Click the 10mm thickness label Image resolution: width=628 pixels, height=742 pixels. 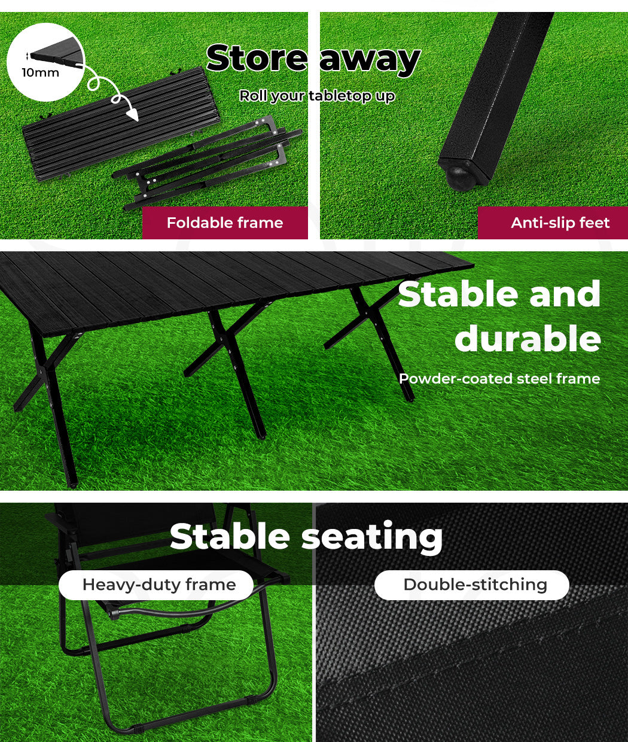[x=40, y=72]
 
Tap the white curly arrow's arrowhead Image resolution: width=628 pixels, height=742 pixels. [x=133, y=114]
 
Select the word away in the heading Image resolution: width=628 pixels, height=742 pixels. [x=370, y=61]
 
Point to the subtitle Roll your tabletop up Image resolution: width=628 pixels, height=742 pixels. [x=317, y=96]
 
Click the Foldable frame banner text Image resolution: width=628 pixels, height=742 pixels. [x=225, y=223]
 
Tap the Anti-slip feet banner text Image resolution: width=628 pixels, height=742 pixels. [x=560, y=223]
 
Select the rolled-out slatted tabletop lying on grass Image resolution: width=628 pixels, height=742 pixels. [x=120, y=124]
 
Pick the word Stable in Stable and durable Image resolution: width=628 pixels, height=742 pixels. [x=458, y=294]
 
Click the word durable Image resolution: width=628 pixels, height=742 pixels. [x=528, y=338]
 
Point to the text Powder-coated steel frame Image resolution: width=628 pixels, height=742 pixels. [x=499, y=379]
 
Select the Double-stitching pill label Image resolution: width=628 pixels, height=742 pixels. [x=471, y=585]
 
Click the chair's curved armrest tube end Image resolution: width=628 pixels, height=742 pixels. [x=114, y=615]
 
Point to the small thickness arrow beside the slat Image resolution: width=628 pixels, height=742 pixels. [x=28, y=56]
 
